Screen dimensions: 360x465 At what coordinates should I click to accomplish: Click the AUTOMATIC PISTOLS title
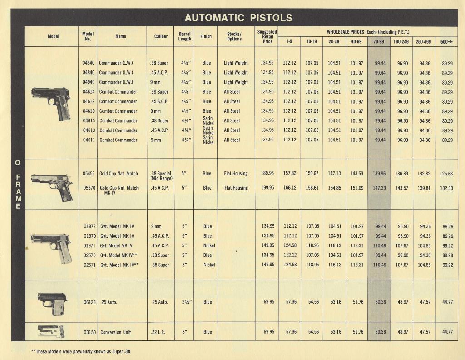pos(238,18)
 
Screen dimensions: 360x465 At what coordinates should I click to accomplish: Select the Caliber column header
pos(161,37)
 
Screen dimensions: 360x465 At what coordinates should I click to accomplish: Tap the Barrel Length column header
pos(185,37)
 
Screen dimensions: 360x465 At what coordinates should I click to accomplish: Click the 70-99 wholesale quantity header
pos(378,41)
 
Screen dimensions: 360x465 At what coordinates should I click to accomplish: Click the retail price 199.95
pos(267,188)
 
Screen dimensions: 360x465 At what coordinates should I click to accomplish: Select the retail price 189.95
pos(267,173)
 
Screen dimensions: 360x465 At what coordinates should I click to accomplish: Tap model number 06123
pos(89,302)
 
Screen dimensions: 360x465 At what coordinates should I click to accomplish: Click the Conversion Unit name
pos(115,332)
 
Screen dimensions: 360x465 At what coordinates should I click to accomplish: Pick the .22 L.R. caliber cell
pos(159,332)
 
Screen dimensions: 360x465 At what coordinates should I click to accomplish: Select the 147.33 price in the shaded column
pos(378,188)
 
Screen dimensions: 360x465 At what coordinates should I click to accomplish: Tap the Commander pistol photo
pos(51,103)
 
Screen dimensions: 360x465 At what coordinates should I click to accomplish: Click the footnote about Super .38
pos(80,351)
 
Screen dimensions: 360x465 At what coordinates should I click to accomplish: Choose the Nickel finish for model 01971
pos(209,245)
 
